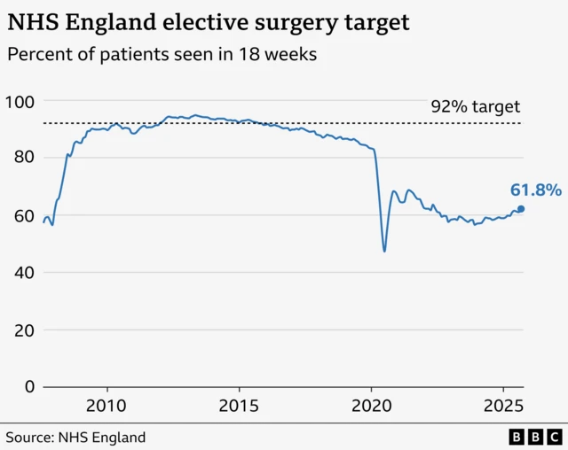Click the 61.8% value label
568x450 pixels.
pyautogui.click(x=535, y=190)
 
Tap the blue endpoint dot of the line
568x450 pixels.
pyautogui.click(x=521, y=209)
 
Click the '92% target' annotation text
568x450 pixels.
pyautogui.click(x=475, y=106)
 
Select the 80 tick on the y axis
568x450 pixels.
pyautogui.click(x=23, y=158)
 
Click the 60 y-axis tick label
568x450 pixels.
pyautogui.click(x=23, y=215)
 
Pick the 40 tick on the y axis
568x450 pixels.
pyautogui.click(x=23, y=273)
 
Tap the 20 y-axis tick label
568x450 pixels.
pyautogui.click(x=23, y=330)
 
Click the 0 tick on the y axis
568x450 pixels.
pyautogui.click(x=28, y=387)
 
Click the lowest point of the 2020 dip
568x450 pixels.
pyautogui.click(x=384, y=251)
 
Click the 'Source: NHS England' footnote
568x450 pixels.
pyautogui.click(x=76, y=437)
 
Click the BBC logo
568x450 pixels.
pyautogui.click(x=535, y=437)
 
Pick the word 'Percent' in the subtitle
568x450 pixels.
pyautogui.click(x=36, y=55)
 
